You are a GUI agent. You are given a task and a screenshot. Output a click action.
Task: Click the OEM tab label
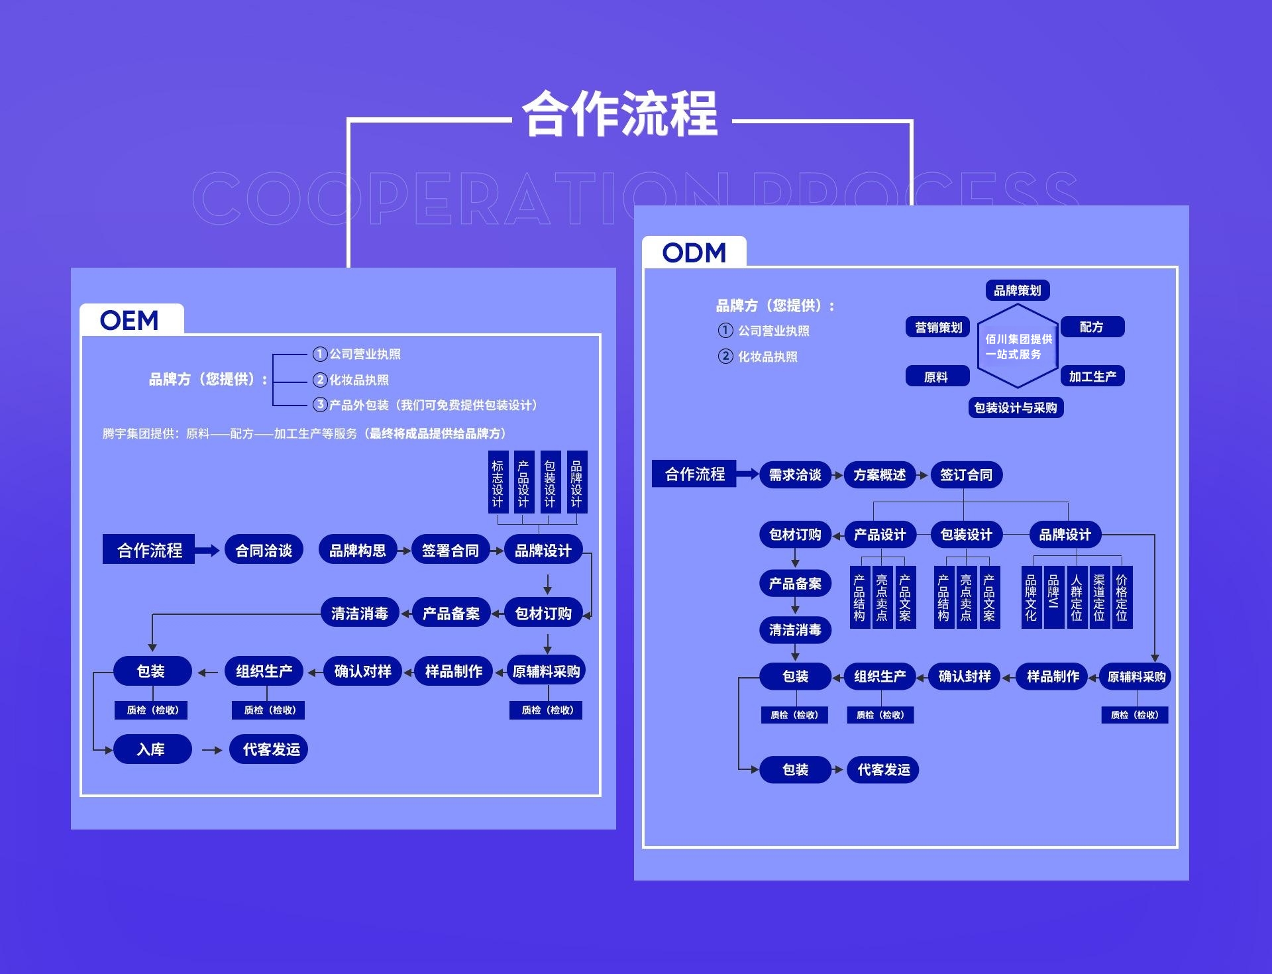130,321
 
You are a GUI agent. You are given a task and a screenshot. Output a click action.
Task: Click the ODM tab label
694,252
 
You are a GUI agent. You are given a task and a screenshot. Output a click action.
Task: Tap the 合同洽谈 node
264,550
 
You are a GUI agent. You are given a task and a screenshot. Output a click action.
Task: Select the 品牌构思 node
358,550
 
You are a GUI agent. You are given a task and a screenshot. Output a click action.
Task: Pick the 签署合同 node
450,550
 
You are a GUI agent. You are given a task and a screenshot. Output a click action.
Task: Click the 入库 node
152,749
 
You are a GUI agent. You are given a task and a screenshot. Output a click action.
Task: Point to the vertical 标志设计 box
498,482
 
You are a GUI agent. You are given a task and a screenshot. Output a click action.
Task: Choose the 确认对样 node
362,671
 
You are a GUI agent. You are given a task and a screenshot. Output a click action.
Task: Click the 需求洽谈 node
795,474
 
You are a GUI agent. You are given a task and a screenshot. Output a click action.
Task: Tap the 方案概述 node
880,474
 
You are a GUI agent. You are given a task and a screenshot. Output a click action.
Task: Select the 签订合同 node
966,474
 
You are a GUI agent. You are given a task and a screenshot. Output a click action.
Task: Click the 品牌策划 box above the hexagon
1017,290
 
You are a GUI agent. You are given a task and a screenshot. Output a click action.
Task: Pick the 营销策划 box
937,327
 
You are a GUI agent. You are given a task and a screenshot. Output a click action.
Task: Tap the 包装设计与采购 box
1016,407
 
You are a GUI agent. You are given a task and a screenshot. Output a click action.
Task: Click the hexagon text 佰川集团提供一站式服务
1018,347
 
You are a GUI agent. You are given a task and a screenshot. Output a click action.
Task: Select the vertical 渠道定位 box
1099,598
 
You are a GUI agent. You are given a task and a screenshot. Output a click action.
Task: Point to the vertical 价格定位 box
1122,598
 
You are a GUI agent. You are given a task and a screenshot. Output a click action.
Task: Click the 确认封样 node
965,676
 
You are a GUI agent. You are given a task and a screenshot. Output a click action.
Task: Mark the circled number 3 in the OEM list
320,404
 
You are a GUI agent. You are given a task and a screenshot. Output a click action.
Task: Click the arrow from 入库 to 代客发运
211,750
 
